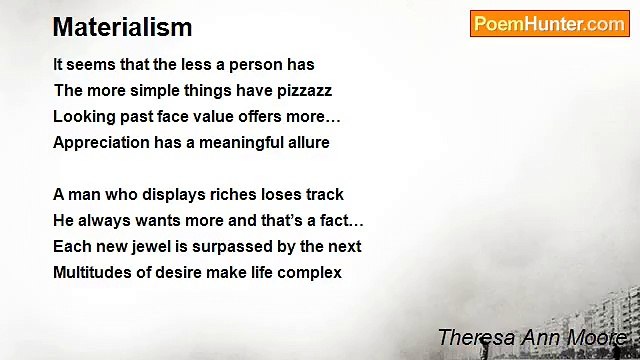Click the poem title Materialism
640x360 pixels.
pos(122,27)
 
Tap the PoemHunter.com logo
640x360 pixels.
pos(549,24)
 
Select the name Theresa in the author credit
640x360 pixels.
pos(474,337)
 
